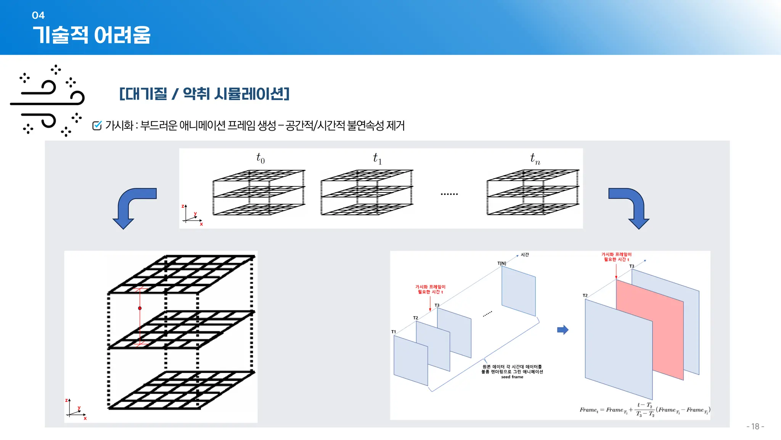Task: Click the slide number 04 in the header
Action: point(38,15)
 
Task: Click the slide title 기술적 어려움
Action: point(92,35)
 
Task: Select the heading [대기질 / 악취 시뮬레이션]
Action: point(204,94)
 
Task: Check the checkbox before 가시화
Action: point(97,125)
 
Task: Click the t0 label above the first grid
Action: point(260,158)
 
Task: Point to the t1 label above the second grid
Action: point(377,158)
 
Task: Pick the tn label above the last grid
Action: point(535,158)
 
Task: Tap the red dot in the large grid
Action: point(140,308)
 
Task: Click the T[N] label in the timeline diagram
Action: point(501,263)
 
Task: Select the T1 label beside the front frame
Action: point(394,332)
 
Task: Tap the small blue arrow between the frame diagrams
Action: point(562,330)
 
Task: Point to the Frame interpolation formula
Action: point(644,410)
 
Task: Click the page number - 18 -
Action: point(755,426)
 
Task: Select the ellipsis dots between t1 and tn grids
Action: point(449,194)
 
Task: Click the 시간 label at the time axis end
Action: point(525,255)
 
